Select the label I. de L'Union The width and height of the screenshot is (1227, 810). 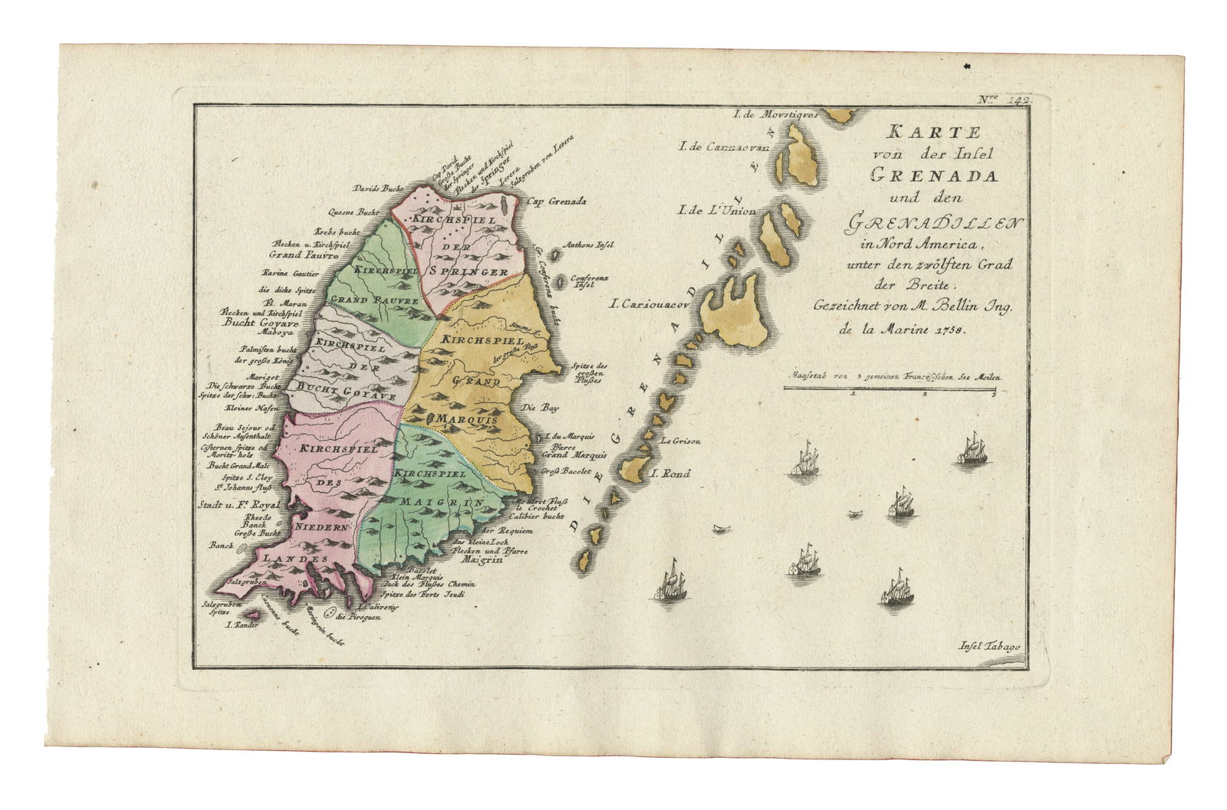point(717,212)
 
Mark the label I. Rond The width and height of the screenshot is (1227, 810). point(669,474)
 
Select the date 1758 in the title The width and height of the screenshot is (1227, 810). point(950,330)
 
